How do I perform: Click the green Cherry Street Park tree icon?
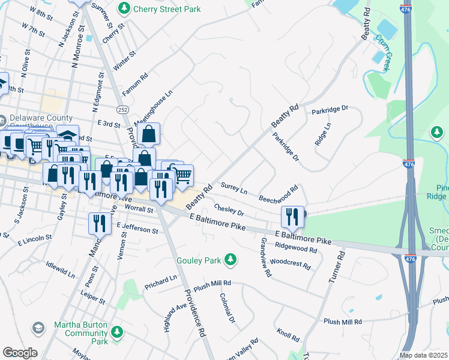tap(124, 9)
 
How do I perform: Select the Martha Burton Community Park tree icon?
tap(118, 331)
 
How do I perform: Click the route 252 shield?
tap(122, 110)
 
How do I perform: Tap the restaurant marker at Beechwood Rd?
tap(292, 216)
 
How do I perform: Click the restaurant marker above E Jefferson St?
tap(98, 223)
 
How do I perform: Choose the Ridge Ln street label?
tap(322, 136)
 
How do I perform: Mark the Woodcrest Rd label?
tap(290, 263)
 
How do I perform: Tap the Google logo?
tap(20, 353)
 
